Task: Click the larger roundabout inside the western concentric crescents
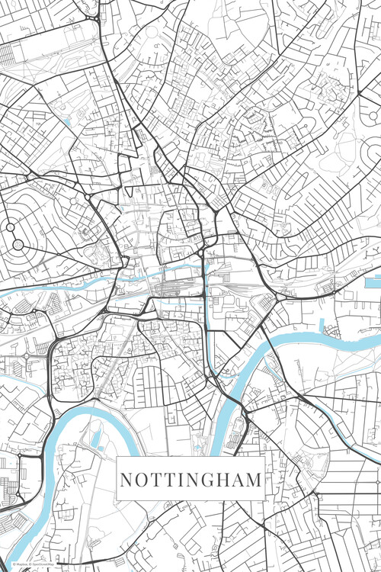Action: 18,244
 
